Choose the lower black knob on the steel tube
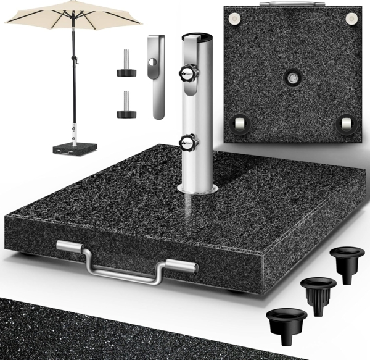pyautogui.click(x=187, y=143)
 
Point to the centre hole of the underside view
pyautogui.click(x=291, y=78)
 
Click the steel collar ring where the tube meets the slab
pyautogui.click(x=197, y=187)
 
